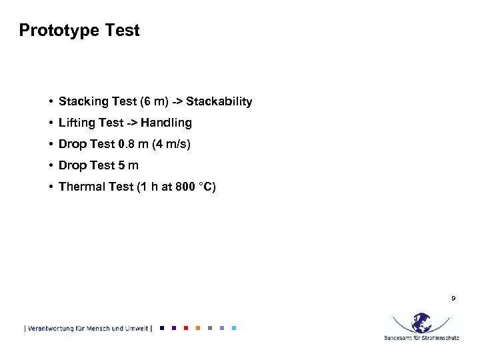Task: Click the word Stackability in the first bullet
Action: click(x=219, y=102)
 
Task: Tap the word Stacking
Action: click(x=83, y=102)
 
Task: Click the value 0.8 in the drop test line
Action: click(x=126, y=144)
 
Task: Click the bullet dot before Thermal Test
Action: click(x=51, y=187)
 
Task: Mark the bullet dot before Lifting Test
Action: click(x=51, y=123)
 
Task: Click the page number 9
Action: click(x=453, y=298)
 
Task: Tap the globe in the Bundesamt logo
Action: click(x=421, y=323)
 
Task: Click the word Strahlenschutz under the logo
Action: click(x=438, y=338)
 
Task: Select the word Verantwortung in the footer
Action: click(x=51, y=328)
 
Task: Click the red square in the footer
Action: click(x=185, y=328)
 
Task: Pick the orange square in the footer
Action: click(x=198, y=328)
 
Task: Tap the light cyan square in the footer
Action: click(x=234, y=328)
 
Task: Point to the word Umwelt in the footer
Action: click(x=136, y=328)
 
